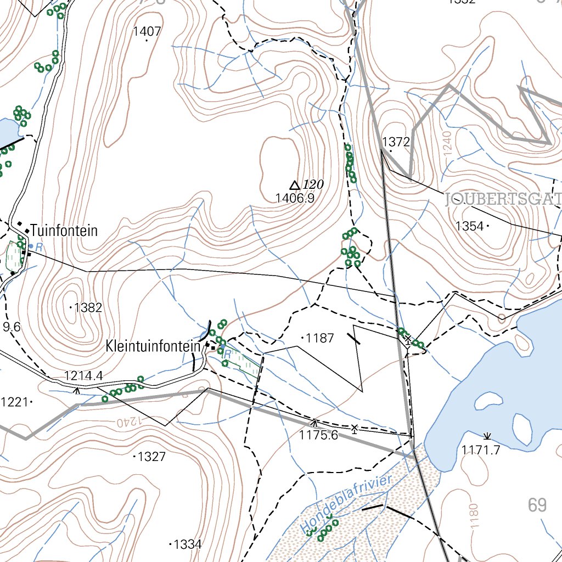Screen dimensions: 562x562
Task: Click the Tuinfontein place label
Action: [64, 231]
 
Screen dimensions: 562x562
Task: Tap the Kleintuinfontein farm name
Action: [153, 346]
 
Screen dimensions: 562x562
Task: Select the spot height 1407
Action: [147, 32]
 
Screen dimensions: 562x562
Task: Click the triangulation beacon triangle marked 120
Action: [295, 186]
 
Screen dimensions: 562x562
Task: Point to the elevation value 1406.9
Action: [295, 199]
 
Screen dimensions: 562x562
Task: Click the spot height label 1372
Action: [396, 142]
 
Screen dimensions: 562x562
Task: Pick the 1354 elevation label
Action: [469, 226]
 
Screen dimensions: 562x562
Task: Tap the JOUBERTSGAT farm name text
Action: [503, 199]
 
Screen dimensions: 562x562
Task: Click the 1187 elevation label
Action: [320, 338]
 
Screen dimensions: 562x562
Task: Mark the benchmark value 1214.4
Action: [83, 376]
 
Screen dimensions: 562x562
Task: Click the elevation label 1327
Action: [151, 457]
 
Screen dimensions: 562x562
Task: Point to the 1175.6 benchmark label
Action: [318, 435]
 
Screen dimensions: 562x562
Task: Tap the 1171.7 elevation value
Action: [481, 450]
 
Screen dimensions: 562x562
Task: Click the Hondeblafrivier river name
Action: [347, 504]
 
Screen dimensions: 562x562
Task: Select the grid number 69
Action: [537, 505]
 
